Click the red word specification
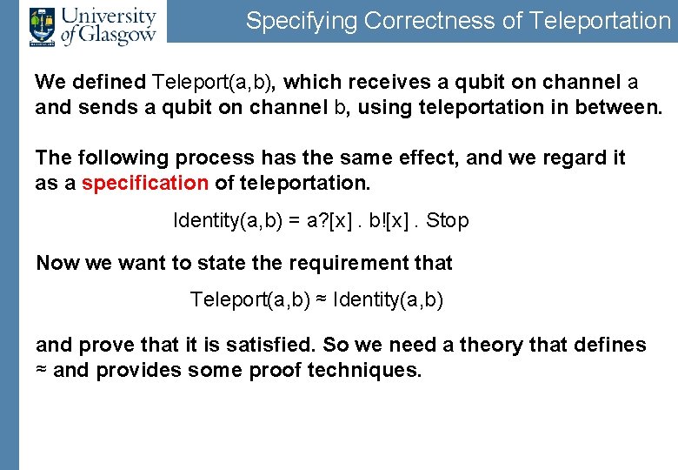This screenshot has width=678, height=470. point(145,184)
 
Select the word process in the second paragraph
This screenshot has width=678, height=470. point(209,158)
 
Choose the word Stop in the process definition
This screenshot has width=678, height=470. point(448,221)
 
